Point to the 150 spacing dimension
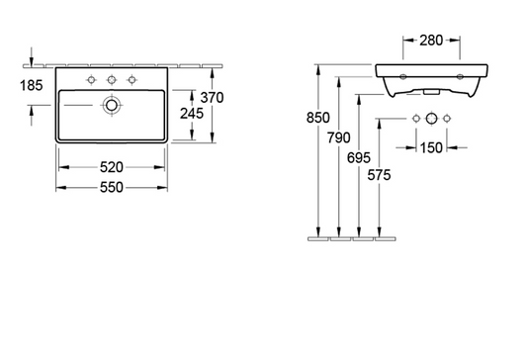coord(430,147)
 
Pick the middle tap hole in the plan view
coord(111,79)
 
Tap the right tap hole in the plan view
coord(131,79)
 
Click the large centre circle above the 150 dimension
coord(431,120)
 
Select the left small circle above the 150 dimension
coord(415,120)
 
